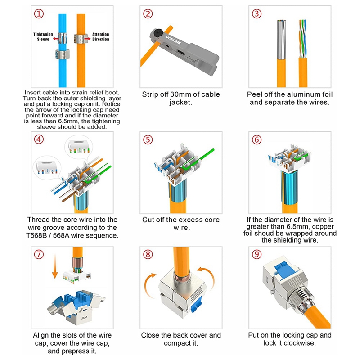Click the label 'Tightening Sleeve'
43,36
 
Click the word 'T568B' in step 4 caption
46,235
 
